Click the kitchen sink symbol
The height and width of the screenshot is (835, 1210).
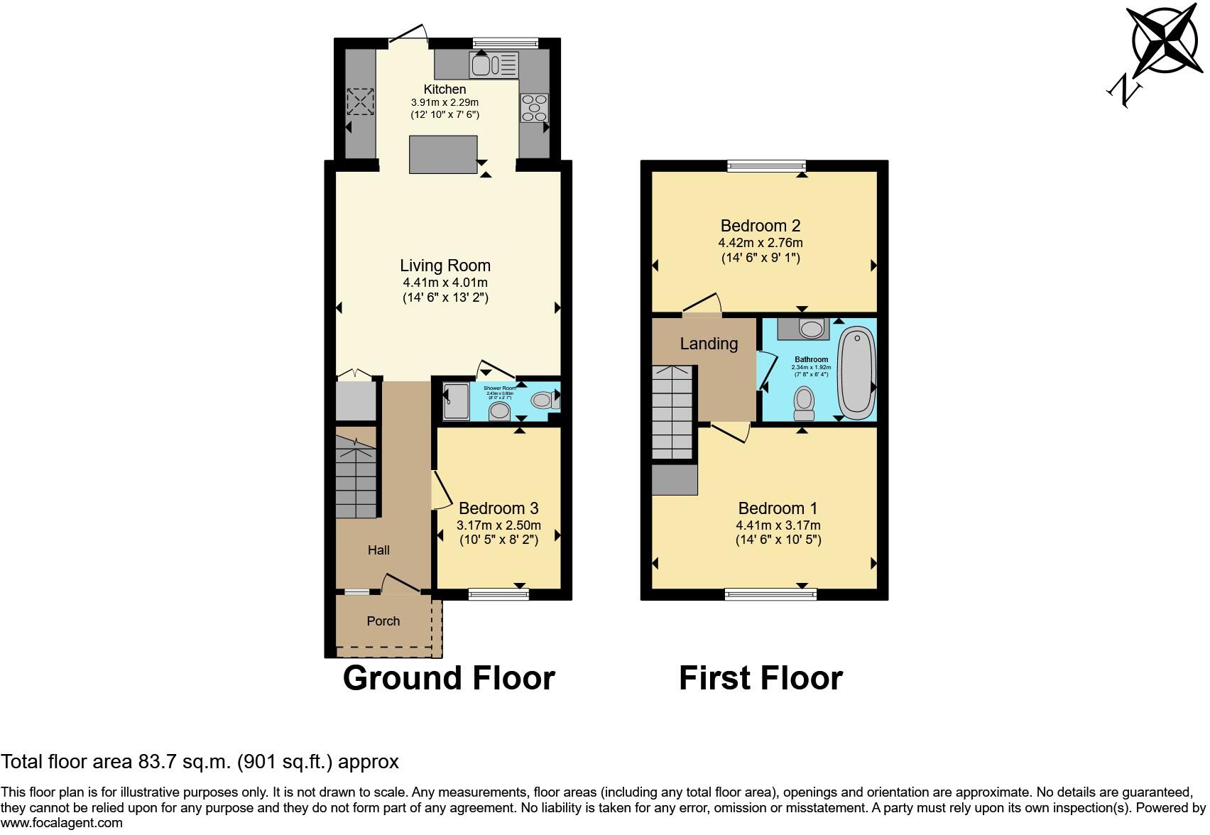click(494, 66)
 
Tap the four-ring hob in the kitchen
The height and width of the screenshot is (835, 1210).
click(534, 108)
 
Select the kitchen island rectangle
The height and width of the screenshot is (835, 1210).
click(443, 154)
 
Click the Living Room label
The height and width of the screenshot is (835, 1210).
click(445, 266)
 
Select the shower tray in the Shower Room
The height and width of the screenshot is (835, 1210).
click(455, 402)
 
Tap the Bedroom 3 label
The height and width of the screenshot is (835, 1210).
click(498, 508)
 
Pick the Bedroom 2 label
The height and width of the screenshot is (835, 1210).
click(760, 226)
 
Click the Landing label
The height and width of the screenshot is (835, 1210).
click(709, 344)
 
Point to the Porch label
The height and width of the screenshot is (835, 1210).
click(383, 621)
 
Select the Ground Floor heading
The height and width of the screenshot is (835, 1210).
click(448, 678)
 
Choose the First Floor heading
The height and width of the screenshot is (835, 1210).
click(761, 678)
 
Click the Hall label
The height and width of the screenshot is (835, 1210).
click(378, 550)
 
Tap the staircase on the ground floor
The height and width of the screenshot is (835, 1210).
click(356, 477)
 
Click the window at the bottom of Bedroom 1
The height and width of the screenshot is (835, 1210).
click(770, 594)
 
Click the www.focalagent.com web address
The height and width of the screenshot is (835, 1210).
click(62, 824)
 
